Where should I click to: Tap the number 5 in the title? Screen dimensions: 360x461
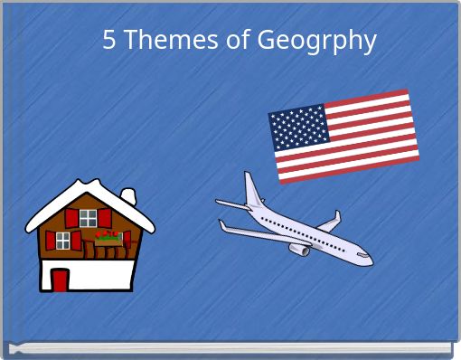tap(109, 41)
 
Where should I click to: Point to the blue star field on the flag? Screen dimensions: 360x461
tap(297, 128)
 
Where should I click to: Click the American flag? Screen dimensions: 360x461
tap(344, 136)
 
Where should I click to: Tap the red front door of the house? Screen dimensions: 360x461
tap(61, 279)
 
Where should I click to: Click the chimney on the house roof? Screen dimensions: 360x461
tap(128, 195)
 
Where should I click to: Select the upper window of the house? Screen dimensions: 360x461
tap(88, 217)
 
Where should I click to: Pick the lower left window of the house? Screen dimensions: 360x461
tap(63, 240)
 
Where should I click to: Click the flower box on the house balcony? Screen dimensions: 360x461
tap(108, 239)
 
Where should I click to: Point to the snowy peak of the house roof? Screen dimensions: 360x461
tap(90, 186)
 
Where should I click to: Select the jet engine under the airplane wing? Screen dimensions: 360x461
tap(299, 249)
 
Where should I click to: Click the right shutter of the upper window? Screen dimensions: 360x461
tap(104, 217)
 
